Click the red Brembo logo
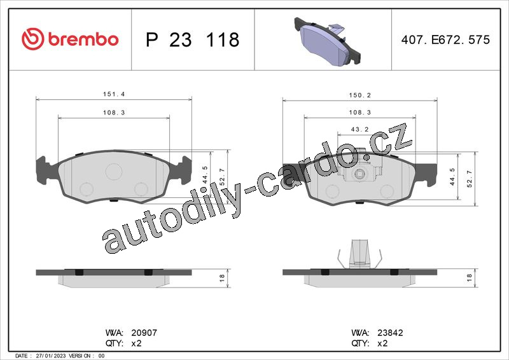[70, 39]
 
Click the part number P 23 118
[193, 39]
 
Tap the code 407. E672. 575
[445, 39]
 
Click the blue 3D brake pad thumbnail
[328, 41]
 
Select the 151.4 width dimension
[114, 94]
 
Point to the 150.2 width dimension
[359, 95]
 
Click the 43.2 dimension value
[359, 129]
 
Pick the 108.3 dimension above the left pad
[114, 113]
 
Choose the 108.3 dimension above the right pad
[359, 113]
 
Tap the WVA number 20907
[144, 333]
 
